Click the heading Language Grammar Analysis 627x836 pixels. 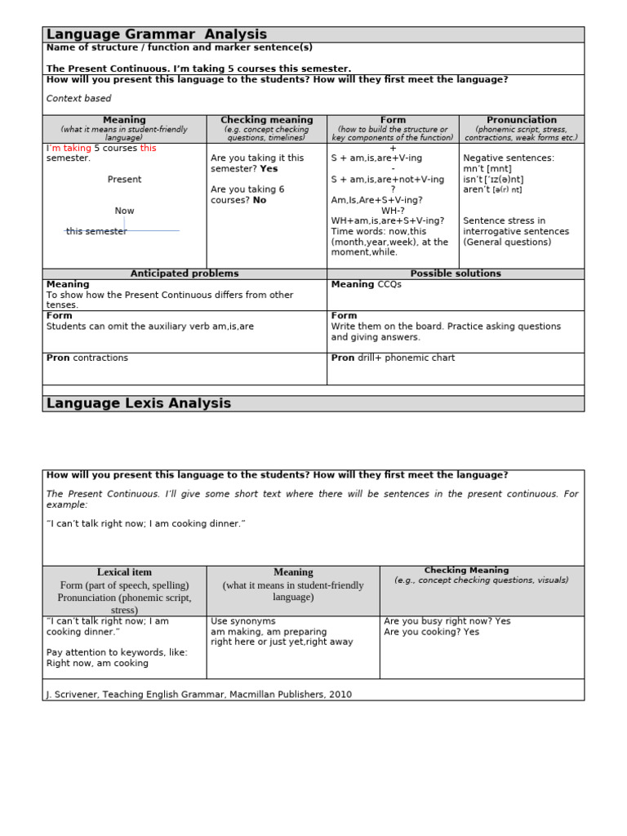tap(157, 34)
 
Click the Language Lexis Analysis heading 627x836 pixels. tap(139, 403)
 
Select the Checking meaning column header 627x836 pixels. tap(266, 120)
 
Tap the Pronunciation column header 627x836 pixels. tap(521, 120)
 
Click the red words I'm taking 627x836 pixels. tap(69, 149)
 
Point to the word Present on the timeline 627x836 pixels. tap(124, 180)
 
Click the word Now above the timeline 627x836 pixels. tap(124, 211)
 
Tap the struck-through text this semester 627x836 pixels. tap(96, 232)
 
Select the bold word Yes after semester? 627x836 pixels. tap(269, 169)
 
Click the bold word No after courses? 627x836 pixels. tap(260, 200)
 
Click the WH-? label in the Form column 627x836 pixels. tap(393, 211)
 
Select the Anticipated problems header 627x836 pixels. tap(185, 273)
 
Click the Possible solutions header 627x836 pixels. tap(456, 273)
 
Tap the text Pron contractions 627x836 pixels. tap(87, 358)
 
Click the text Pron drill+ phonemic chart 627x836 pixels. tap(393, 358)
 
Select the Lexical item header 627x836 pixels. tap(124, 572)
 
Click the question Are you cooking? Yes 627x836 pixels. tap(431, 632)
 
